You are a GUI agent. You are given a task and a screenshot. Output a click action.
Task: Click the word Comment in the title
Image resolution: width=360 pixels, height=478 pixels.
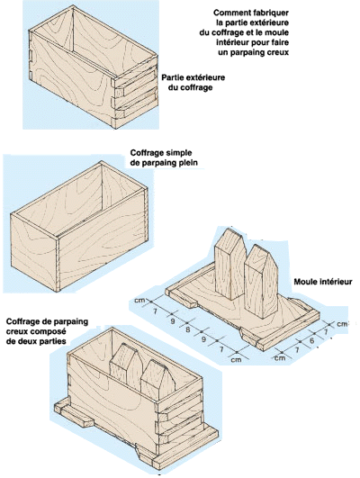(x=229, y=13)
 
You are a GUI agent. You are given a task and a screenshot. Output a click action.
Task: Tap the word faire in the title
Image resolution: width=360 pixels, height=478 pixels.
(x=279, y=42)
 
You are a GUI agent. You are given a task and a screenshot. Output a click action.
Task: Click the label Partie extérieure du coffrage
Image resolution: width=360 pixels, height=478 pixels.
(x=193, y=82)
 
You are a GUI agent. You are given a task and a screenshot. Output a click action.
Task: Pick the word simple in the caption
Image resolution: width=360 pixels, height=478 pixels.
(x=179, y=153)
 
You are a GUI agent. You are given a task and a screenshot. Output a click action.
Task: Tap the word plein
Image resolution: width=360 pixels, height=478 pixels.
(x=188, y=163)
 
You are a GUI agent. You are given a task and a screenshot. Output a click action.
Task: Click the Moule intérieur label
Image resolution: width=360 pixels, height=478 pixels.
(x=323, y=282)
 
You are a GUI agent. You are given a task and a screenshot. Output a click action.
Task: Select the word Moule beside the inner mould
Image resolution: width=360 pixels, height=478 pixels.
(x=305, y=282)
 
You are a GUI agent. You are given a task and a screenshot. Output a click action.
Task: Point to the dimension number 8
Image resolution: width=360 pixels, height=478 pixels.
(x=188, y=329)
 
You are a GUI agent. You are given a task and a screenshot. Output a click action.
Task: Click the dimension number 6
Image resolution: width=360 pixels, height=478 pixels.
(x=311, y=340)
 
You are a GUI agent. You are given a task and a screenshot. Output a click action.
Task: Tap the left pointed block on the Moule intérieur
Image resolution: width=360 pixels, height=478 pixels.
(x=230, y=265)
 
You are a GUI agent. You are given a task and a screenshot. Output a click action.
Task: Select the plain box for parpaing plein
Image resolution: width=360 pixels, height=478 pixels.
(x=79, y=226)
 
